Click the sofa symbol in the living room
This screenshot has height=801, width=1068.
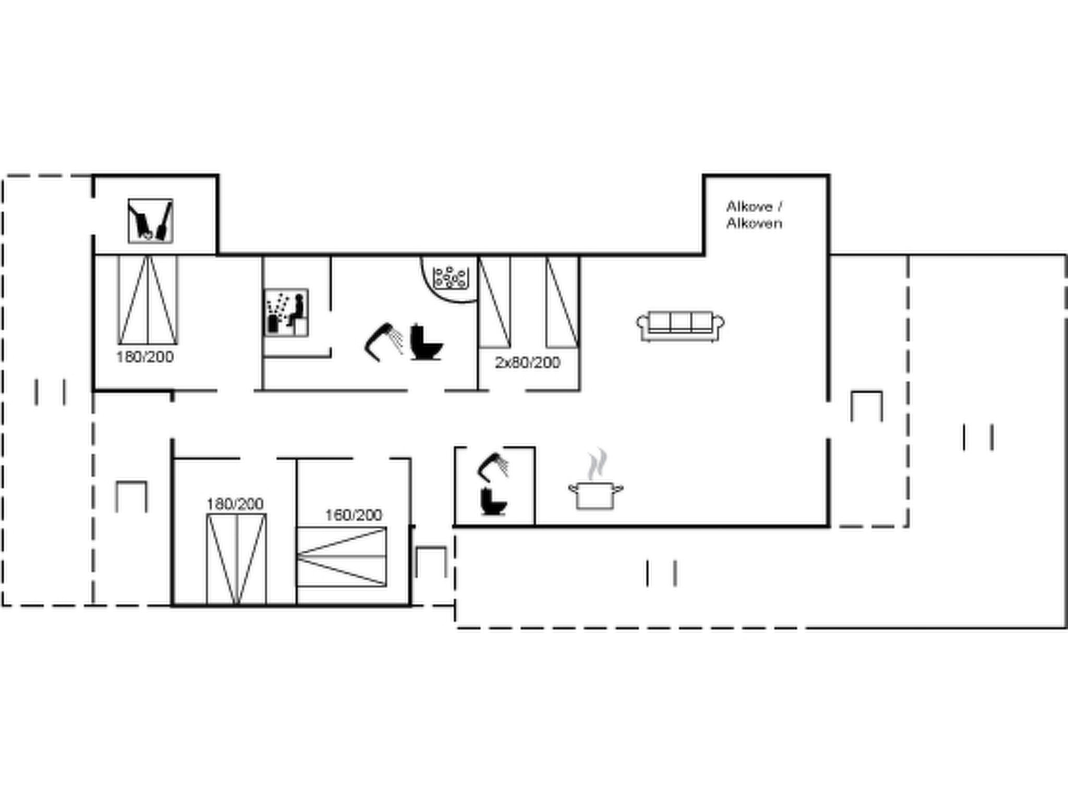tap(680, 326)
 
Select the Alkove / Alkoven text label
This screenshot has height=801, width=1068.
tap(754, 215)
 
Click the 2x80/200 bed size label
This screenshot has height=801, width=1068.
tap(527, 362)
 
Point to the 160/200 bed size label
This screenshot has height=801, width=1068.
tap(354, 515)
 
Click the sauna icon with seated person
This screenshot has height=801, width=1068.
tap(286, 312)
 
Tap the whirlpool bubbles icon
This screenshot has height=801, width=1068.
tap(450, 277)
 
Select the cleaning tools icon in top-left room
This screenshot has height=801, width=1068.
tap(150, 221)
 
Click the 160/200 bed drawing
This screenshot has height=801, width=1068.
tap(342, 556)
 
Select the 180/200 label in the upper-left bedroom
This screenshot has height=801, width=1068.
tap(145, 357)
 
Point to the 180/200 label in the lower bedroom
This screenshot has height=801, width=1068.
tap(235, 504)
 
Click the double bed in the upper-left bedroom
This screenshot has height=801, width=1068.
tap(148, 300)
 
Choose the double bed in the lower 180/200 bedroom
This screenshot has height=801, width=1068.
tap(236, 559)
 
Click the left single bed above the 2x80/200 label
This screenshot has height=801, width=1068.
tap(495, 302)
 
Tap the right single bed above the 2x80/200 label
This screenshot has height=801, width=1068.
tap(562, 302)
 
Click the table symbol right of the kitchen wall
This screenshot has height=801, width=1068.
tap(867, 406)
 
